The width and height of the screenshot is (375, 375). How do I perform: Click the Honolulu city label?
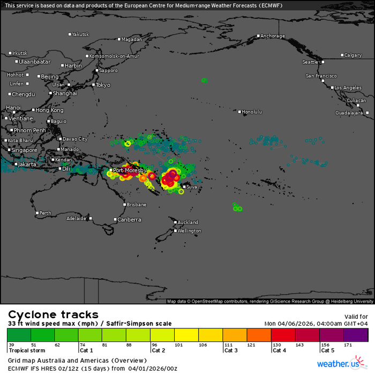[x=252, y=112]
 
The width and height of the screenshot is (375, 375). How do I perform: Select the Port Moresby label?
[x=126, y=170]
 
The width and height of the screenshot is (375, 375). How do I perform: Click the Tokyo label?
[x=103, y=85]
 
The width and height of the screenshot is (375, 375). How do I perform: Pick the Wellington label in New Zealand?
[x=190, y=231]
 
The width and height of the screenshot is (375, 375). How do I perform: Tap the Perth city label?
[x=46, y=213]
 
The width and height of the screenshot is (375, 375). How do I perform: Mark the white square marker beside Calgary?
[x=342, y=55]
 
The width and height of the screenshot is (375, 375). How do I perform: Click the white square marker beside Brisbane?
[x=123, y=205]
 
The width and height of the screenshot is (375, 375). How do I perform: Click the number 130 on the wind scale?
[x=277, y=344]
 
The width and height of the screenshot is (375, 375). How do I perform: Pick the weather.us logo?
[x=339, y=364]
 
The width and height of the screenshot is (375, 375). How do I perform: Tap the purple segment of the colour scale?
[x=359, y=335]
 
